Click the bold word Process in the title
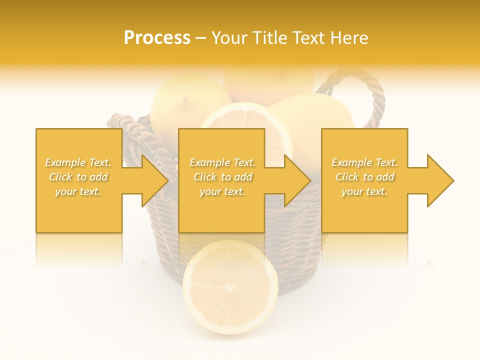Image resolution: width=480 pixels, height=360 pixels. (157, 38)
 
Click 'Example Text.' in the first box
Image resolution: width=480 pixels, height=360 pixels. (78, 162)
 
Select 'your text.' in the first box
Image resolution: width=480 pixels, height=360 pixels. (78, 191)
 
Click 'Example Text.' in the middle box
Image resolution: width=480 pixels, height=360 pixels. (222, 162)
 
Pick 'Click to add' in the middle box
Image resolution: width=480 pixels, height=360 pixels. (222, 177)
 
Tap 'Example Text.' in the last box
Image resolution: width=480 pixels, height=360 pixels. (364, 162)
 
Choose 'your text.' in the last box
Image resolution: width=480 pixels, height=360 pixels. (364, 191)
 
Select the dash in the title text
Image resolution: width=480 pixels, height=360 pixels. (201, 38)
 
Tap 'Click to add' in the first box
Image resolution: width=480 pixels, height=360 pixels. (78, 177)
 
